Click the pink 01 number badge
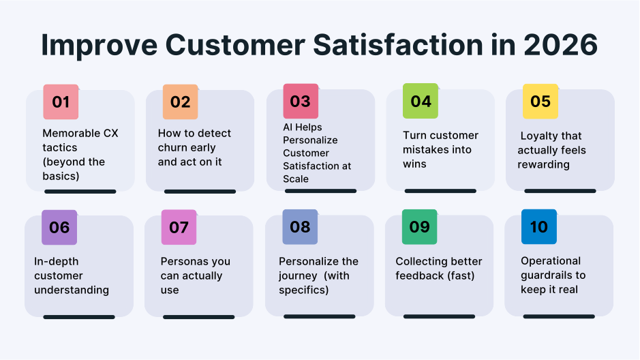61,102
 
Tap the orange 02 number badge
180,102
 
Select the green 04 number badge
421,102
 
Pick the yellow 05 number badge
540,102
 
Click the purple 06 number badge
59,227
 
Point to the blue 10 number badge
538,227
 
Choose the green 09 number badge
419,227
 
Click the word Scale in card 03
296,179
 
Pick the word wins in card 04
414,164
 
